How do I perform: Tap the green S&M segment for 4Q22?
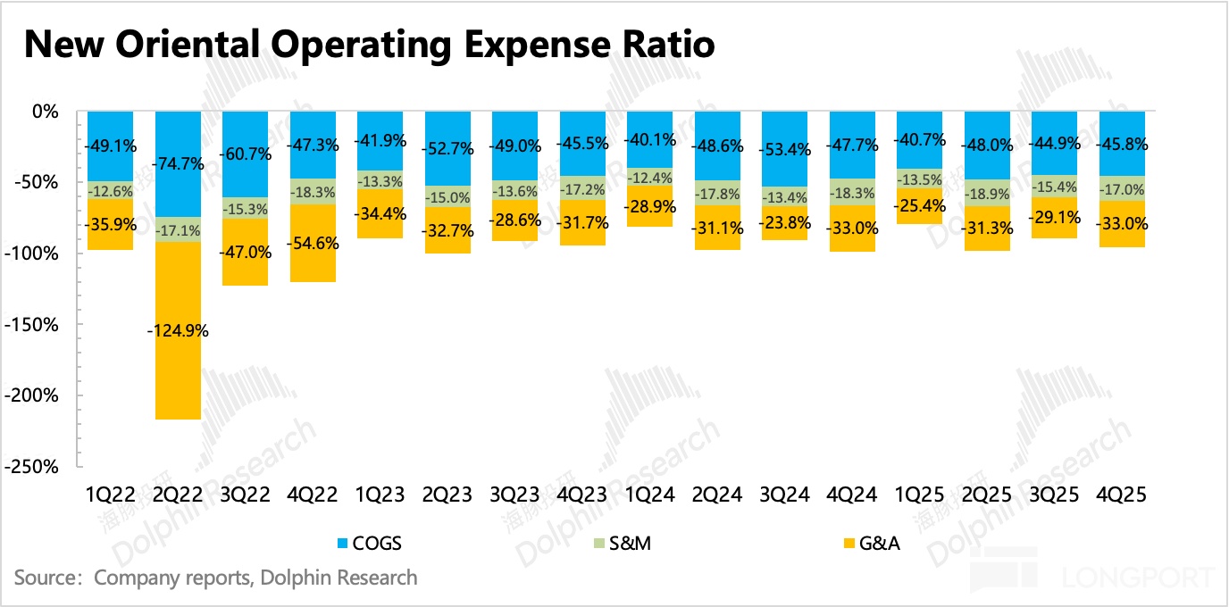(x=314, y=191)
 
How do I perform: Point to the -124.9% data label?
(x=178, y=330)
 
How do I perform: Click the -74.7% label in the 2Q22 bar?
(x=178, y=163)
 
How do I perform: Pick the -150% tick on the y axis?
(x=36, y=325)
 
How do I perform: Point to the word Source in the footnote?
(x=45, y=578)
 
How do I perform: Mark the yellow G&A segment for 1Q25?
(x=920, y=234)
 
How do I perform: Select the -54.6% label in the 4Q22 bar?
(x=314, y=244)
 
